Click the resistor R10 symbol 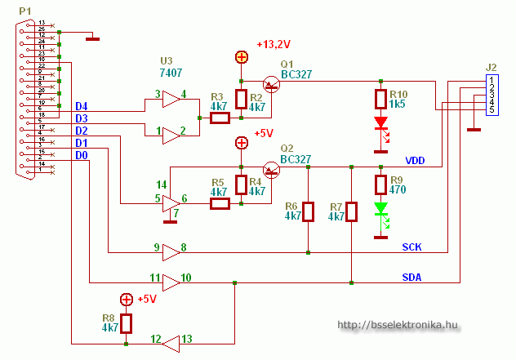click(x=380, y=100)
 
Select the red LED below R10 click(x=380, y=125)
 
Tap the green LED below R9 click(x=380, y=210)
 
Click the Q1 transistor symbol click(x=270, y=83)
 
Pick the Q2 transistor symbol click(x=271, y=168)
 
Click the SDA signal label click(x=412, y=277)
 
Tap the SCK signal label click(x=412, y=247)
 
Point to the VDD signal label click(x=416, y=160)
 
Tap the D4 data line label click(x=82, y=107)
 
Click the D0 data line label click(x=82, y=155)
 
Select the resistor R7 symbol click(x=351, y=211)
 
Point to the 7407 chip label click(x=171, y=73)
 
